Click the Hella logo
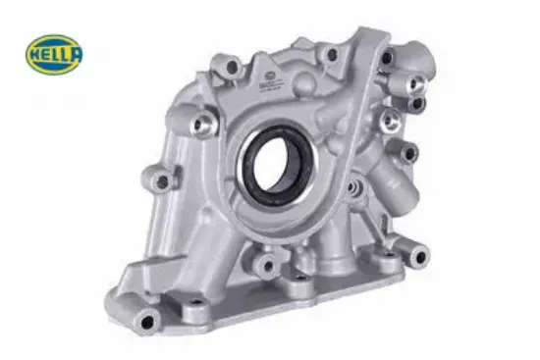(54, 54)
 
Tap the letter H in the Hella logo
(34, 55)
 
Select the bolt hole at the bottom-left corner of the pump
(147, 322)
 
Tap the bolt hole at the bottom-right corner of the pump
(420, 256)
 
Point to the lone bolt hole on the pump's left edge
(162, 182)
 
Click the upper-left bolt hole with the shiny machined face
(200, 125)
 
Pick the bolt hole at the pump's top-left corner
(233, 68)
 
